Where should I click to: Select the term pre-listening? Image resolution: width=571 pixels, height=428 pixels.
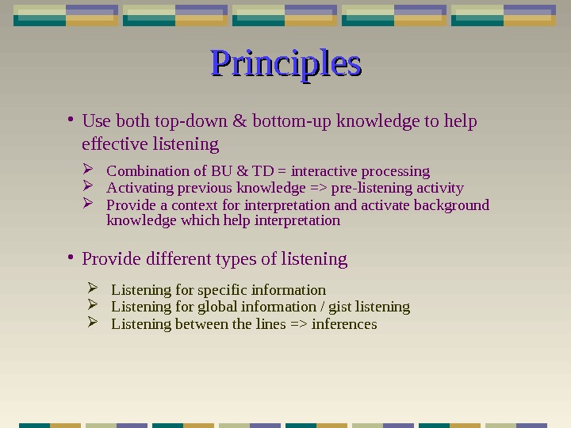(366, 189)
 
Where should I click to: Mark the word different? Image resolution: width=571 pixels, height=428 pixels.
(171, 259)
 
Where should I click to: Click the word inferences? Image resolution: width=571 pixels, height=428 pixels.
(344, 324)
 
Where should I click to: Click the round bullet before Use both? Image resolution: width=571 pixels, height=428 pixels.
(71, 120)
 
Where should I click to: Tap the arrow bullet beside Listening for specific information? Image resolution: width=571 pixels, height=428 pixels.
(92, 289)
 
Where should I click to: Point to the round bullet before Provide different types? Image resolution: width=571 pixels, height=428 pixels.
(71, 257)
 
